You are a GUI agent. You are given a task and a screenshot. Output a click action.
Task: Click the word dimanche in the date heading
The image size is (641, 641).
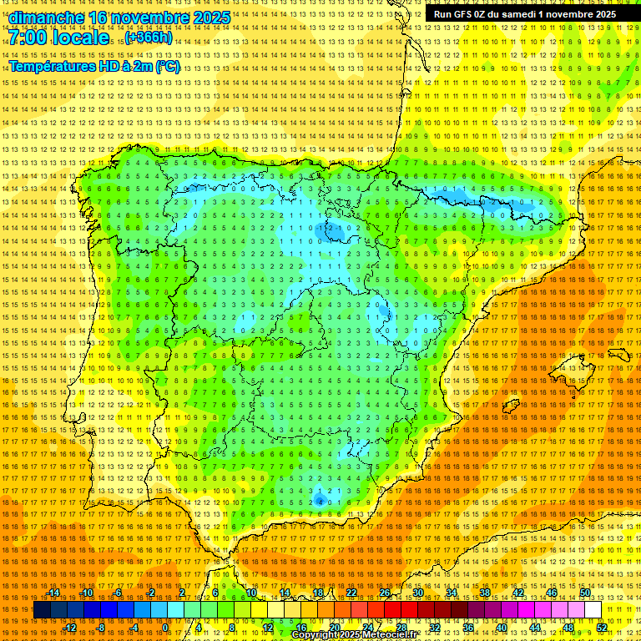tap(45, 18)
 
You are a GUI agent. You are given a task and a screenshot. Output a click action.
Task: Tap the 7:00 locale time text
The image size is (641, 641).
tap(58, 38)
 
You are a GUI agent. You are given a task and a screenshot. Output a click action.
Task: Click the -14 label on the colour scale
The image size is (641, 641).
tap(55, 593)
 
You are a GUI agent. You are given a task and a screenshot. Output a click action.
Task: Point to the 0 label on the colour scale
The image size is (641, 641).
tap(166, 628)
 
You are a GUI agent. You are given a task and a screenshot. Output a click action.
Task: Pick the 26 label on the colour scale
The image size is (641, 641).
tap(384, 593)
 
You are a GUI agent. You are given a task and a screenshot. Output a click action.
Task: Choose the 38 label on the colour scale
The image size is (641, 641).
tap(484, 593)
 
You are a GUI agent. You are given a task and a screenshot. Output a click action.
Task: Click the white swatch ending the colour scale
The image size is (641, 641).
tap(593, 610)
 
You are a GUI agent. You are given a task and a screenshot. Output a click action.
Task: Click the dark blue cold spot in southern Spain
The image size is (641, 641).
tap(320, 499)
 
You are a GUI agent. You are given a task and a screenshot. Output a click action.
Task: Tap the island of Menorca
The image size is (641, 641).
tap(619, 354)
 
